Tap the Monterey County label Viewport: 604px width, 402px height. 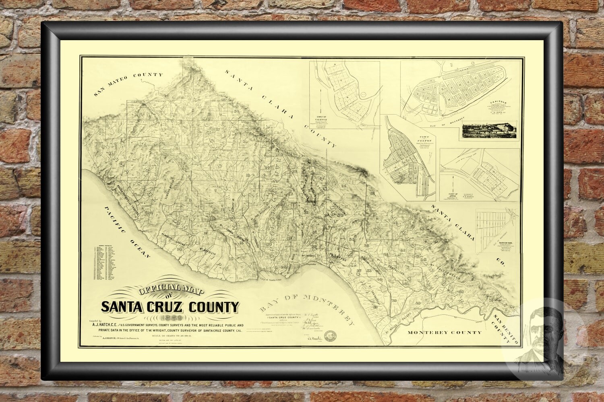tap(444, 333)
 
